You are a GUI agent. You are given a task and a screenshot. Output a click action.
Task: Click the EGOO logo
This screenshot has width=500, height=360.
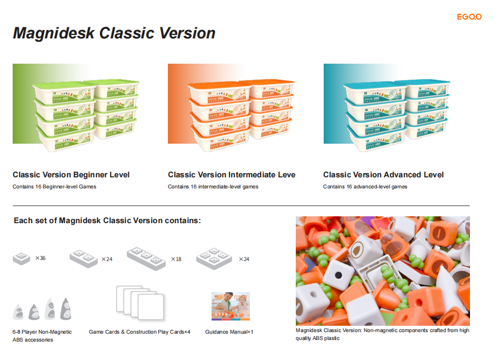(469, 17)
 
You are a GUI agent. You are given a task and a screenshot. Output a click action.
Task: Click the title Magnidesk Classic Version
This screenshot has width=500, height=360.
(114, 33)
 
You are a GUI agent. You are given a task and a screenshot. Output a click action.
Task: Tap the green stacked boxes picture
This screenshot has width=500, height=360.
(77, 104)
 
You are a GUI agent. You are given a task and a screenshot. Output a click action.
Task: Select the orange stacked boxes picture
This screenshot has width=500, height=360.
(232, 104)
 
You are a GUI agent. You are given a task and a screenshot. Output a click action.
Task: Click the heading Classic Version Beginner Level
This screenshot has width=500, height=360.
(71, 175)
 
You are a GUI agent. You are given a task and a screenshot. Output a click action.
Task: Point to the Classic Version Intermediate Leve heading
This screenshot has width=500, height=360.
(232, 175)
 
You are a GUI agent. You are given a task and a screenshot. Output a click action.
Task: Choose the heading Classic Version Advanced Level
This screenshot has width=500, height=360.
(383, 175)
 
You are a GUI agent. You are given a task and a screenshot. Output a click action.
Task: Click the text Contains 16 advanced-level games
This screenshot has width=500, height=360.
(365, 187)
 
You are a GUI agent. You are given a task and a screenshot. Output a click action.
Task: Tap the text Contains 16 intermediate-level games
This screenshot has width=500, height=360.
(213, 187)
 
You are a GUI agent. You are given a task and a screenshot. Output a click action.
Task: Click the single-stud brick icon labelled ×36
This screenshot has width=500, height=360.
(22, 258)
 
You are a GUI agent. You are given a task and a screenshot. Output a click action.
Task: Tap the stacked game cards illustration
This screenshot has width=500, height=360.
(139, 304)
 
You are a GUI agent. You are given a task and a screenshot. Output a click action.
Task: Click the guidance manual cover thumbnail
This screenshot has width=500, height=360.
(231, 306)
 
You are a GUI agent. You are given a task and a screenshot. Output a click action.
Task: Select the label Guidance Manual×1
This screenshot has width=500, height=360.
(229, 332)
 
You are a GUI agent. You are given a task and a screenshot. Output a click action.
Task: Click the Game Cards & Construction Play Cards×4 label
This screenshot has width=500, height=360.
(139, 332)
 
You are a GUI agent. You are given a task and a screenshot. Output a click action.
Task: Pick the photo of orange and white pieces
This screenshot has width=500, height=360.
(383, 271)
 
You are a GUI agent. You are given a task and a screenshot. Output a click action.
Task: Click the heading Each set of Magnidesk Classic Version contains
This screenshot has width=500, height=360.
(107, 221)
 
